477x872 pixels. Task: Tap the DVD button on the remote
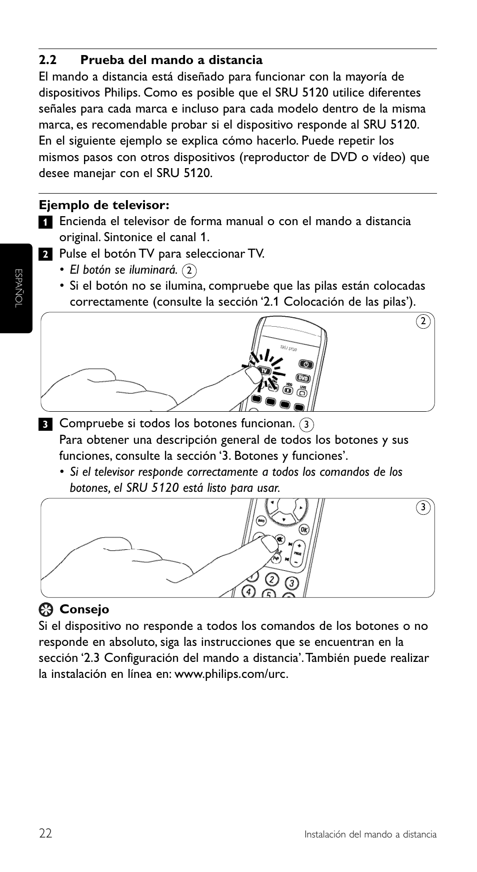(x=303, y=378)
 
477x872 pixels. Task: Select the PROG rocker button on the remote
(x=298, y=553)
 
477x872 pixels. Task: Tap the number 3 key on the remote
(x=291, y=583)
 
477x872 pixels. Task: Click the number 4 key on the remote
(x=248, y=591)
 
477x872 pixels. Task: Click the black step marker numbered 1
(x=44, y=222)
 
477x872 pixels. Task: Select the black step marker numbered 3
(x=44, y=425)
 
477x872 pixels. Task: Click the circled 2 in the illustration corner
(x=423, y=321)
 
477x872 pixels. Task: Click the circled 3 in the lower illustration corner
(x=423, y=508)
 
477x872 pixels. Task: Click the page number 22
(x=45, y=833)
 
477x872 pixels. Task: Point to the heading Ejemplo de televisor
(x=104, y=205)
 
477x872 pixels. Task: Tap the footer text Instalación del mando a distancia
(x=370, y=834)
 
